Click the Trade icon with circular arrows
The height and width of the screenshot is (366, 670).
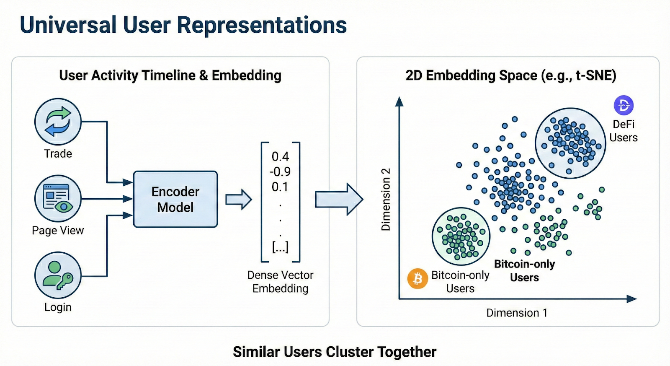coord(58,122)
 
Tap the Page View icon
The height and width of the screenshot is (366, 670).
coord(58,198)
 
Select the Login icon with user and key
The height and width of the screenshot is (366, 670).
coord(58,275)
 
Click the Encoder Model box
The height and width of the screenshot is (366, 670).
coord(175,199)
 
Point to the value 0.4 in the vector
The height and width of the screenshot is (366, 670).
coord(280,157)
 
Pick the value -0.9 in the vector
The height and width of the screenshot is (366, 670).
coord(280,172)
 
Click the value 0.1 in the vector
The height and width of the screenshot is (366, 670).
coord(280,187)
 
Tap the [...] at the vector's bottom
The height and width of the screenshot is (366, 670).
coord(280,247)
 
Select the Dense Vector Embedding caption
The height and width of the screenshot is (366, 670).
coord(280,282)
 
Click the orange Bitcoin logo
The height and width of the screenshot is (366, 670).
coord(417,279)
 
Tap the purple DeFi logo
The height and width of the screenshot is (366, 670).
coord(624,105)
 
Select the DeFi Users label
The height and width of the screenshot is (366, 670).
coord(624,131)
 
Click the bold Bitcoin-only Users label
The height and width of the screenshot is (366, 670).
coord(524,271)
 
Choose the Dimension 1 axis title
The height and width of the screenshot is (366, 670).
coord(517,313)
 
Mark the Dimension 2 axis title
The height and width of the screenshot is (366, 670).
coord(386,200)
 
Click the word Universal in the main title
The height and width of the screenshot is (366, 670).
coord(68,25)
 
